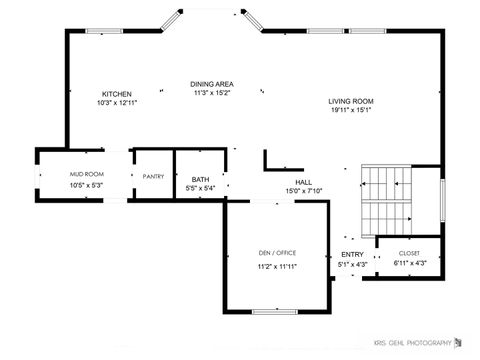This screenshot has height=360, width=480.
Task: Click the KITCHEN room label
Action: pos(117,94)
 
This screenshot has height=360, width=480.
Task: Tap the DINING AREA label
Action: pos(212,84)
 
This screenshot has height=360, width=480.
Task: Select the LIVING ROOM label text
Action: pos(350,101)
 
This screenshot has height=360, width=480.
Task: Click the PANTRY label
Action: pos(153,176)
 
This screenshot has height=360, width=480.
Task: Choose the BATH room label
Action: pos(201,179)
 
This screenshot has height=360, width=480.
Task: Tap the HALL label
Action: pos(303,181)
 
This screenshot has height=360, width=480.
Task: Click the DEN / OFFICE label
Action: pos(277,253)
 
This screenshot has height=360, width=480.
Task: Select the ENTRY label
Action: pos(352,255)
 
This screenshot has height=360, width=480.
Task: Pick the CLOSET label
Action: pos(409,253)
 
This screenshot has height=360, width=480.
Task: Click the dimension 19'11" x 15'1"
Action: pos(350,111)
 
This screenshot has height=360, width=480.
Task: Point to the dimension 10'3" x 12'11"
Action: pos(117,103)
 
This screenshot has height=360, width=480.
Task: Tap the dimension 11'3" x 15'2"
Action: pos(212,93)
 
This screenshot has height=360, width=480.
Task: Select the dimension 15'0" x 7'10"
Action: pos(303,190)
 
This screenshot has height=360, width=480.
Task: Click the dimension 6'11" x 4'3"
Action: pos(409,263)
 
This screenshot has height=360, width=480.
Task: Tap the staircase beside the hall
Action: pos(389,199)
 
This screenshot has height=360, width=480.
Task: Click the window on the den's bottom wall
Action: pos(275,311)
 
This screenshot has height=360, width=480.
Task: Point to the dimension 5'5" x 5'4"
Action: pos(201,188)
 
